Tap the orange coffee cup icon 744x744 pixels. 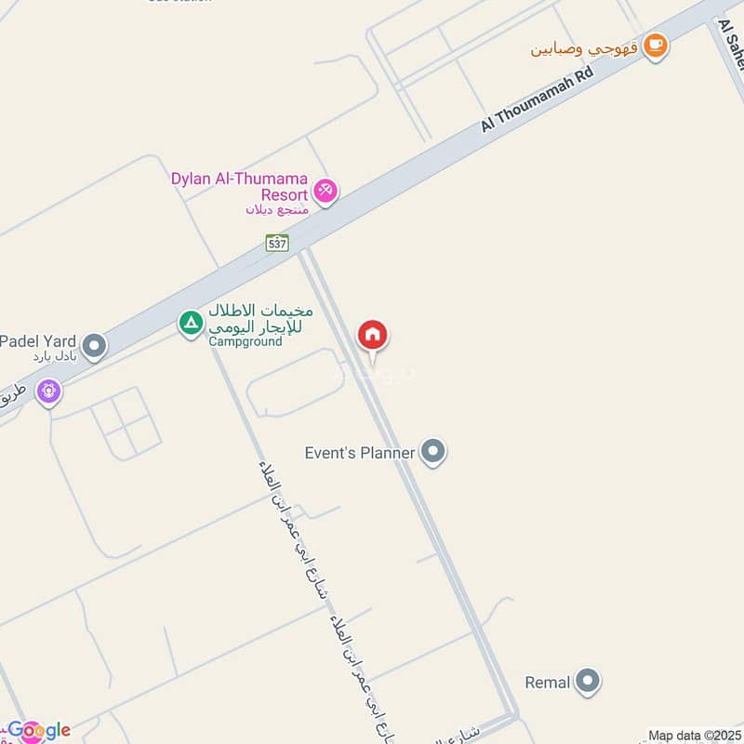[656, 46]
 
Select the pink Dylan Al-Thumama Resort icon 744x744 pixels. [325, 191]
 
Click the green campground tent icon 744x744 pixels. [191, 324]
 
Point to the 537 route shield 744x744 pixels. [276, 243]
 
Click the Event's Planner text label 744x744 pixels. [361, 453]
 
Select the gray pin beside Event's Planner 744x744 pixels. [432, 452]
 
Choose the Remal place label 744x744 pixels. [547, 683]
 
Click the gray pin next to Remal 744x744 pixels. [587, 682]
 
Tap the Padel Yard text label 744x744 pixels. [38, 341]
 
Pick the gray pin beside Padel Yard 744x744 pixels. [94, 347]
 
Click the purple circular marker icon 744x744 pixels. [49, 392]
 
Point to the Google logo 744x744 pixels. [39, 730]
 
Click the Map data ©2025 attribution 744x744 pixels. [694, 736]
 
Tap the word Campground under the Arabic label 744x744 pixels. [245, 341]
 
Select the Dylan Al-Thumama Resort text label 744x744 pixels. [239, 186]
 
